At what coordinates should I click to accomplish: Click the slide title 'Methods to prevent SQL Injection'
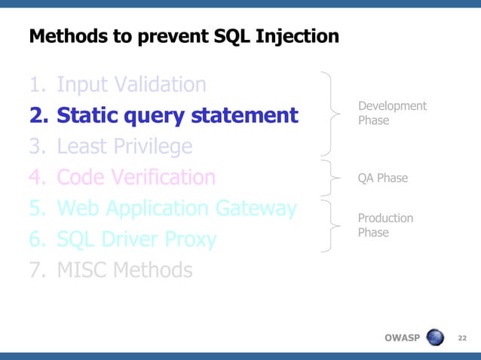(x=183, y=36)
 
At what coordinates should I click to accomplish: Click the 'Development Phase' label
(x=391, y=113)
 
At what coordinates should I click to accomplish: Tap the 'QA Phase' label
(x=382, y=178)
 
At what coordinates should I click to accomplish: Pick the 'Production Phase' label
(x=385, y=225)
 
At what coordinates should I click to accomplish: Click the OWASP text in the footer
(x=401, y=337)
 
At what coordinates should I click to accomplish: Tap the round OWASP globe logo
(x=437, y=337)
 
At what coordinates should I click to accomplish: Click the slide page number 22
(x=462, y=337)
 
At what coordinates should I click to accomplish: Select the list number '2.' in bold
(x=38, y=115)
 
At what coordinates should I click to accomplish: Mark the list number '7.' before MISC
(x=38, y=270)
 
